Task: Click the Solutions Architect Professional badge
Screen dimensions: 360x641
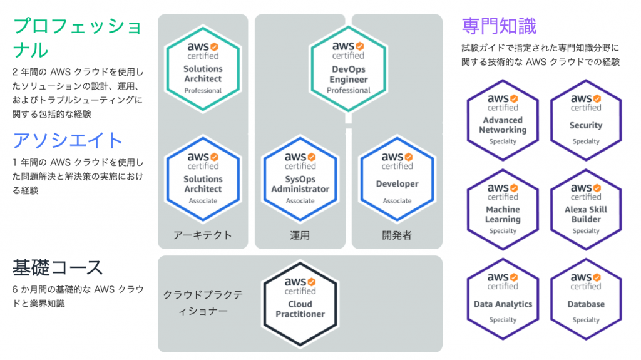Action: tap(203, 68)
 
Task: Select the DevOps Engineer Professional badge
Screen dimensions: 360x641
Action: tap(349, 68)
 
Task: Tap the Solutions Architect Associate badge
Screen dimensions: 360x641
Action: tap(203, 178)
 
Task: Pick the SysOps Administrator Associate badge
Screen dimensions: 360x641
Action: tap(300, 178)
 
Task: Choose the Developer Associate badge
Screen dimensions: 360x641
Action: tap(397, 178)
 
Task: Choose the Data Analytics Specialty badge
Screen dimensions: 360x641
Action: tap(503, 298)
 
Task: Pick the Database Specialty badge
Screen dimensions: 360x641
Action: tap(585, 298)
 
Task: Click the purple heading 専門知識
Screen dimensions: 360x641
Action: tap(499, 26)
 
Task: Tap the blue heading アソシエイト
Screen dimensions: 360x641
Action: tap(68, 139)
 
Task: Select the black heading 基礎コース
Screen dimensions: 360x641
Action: tap(58, 267)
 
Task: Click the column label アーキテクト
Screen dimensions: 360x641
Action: tap(203, 235)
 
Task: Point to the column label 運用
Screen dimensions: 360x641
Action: tap(300, 235)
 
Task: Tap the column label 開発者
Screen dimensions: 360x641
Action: tap(397, 235)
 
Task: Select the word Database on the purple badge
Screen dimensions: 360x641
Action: tap(586, 304)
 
